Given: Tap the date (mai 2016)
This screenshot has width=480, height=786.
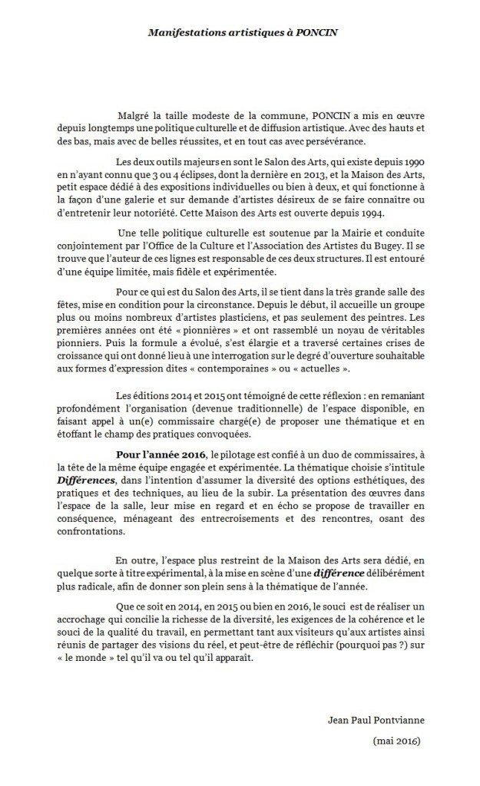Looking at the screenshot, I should [x=394, y=742].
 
